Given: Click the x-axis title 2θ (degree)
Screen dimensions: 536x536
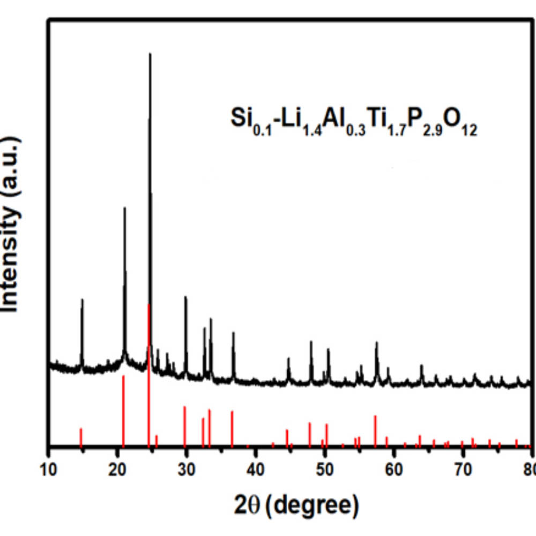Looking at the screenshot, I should pos(296,504).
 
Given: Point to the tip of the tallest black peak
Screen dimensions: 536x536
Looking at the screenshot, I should pos(150,54).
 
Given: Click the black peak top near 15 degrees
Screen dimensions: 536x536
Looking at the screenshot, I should pos(82,300).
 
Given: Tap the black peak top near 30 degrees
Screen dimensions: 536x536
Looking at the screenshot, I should pos(185,297).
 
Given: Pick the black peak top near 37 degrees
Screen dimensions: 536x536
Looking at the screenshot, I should pos(233,333).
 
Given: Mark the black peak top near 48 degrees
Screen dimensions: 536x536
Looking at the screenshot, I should pos(311,341).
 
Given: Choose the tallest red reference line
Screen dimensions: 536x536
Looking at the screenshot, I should pos(148,375).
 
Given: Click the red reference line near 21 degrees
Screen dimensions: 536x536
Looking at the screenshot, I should pos(123,410).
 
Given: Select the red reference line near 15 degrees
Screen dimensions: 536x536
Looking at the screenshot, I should pos(81,436).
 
